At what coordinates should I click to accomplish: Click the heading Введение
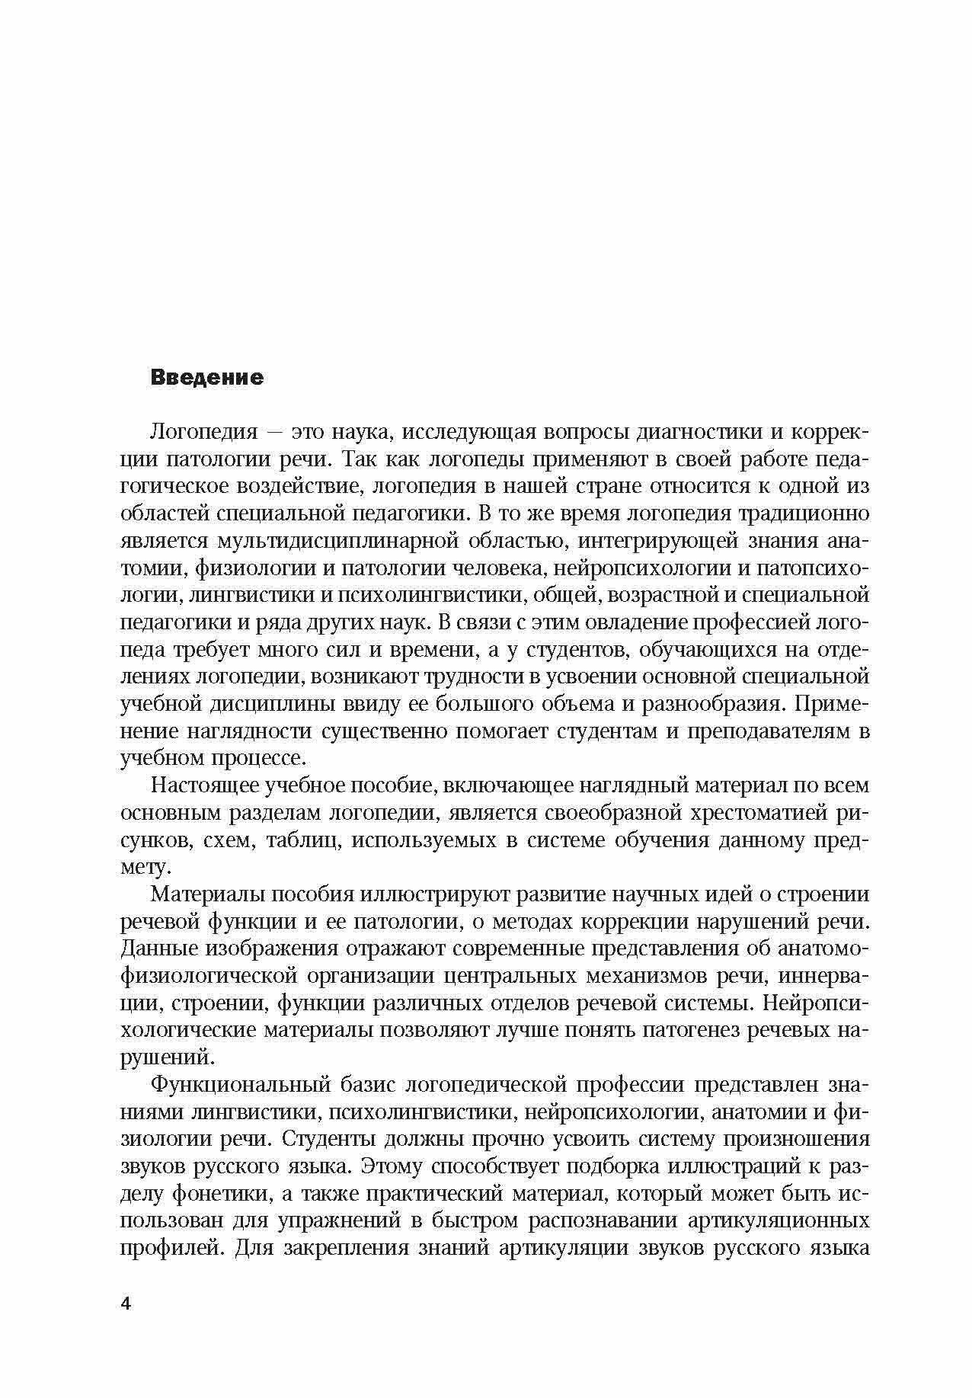pos(207,378)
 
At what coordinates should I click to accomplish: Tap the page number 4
pos(126,1304)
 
